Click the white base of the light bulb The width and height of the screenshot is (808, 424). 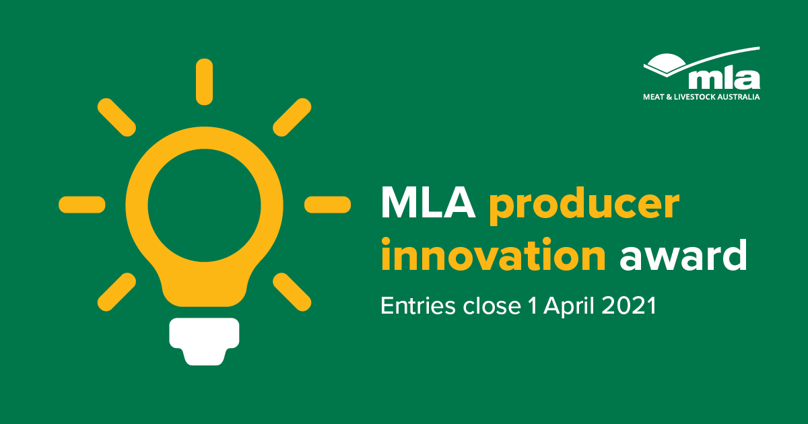coord(204,341)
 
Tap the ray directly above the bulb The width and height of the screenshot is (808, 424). coord(204,82)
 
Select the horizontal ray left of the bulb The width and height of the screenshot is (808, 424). coord(82,205)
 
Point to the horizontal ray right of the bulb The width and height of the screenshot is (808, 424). coord(327,205)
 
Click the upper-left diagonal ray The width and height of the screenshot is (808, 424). coord(116,117)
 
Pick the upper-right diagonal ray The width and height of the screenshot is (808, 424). coord(292,117)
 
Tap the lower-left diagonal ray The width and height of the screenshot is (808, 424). coord(116,292)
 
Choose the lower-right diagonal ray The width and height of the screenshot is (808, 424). coord(292,292)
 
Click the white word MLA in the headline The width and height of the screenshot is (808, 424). coord(428,203)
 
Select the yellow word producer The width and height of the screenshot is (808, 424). coord(584,206)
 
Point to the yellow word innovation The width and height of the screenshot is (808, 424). coord(493,254)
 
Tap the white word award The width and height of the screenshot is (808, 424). coord(683,254)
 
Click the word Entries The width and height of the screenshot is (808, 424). coord(418,306)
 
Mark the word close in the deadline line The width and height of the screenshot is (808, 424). coord(492,306)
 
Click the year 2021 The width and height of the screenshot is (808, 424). coord(629,306)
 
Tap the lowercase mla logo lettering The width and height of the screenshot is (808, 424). coord(725,79)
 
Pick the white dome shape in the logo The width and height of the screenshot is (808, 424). coord(665,61)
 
